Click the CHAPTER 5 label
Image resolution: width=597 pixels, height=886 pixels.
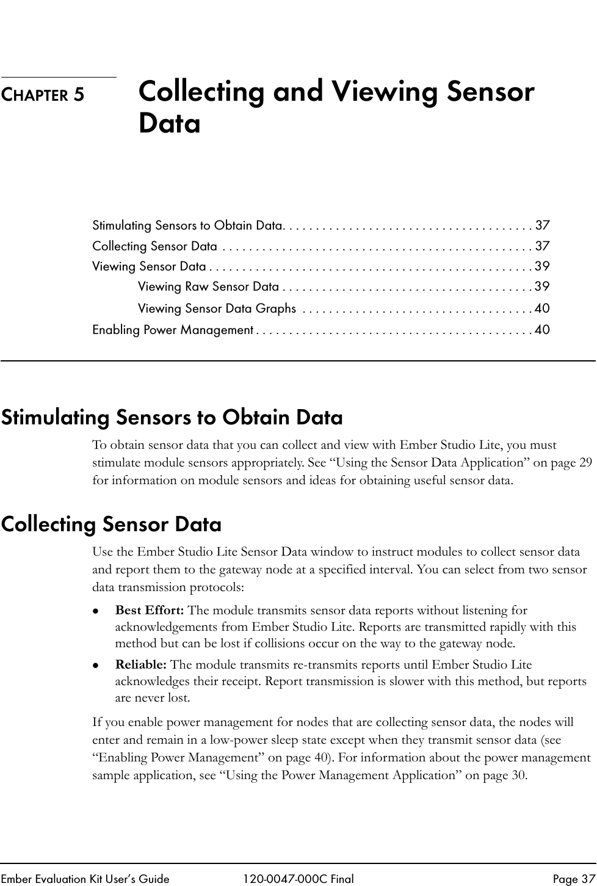pos(43,95)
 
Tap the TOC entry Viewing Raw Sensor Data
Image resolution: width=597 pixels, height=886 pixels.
pos(208,286)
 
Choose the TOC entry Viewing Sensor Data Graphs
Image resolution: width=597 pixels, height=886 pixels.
pos(217,308)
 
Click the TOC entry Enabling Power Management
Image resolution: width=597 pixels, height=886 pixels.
pos(173,330)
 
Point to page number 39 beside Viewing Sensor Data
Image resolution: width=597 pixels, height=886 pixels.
pos(542,266)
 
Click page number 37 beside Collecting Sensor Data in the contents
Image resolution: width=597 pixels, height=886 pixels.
pos(542,246)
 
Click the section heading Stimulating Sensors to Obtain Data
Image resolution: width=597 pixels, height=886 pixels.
pos(172,418)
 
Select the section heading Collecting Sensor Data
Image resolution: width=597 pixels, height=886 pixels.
pos(111,525)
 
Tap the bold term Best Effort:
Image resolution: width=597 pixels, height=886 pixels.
pos(150,610)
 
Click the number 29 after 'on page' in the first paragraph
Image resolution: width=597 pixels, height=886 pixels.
pos(585,463)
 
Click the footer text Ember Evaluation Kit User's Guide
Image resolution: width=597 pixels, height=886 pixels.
pos(85,879)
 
